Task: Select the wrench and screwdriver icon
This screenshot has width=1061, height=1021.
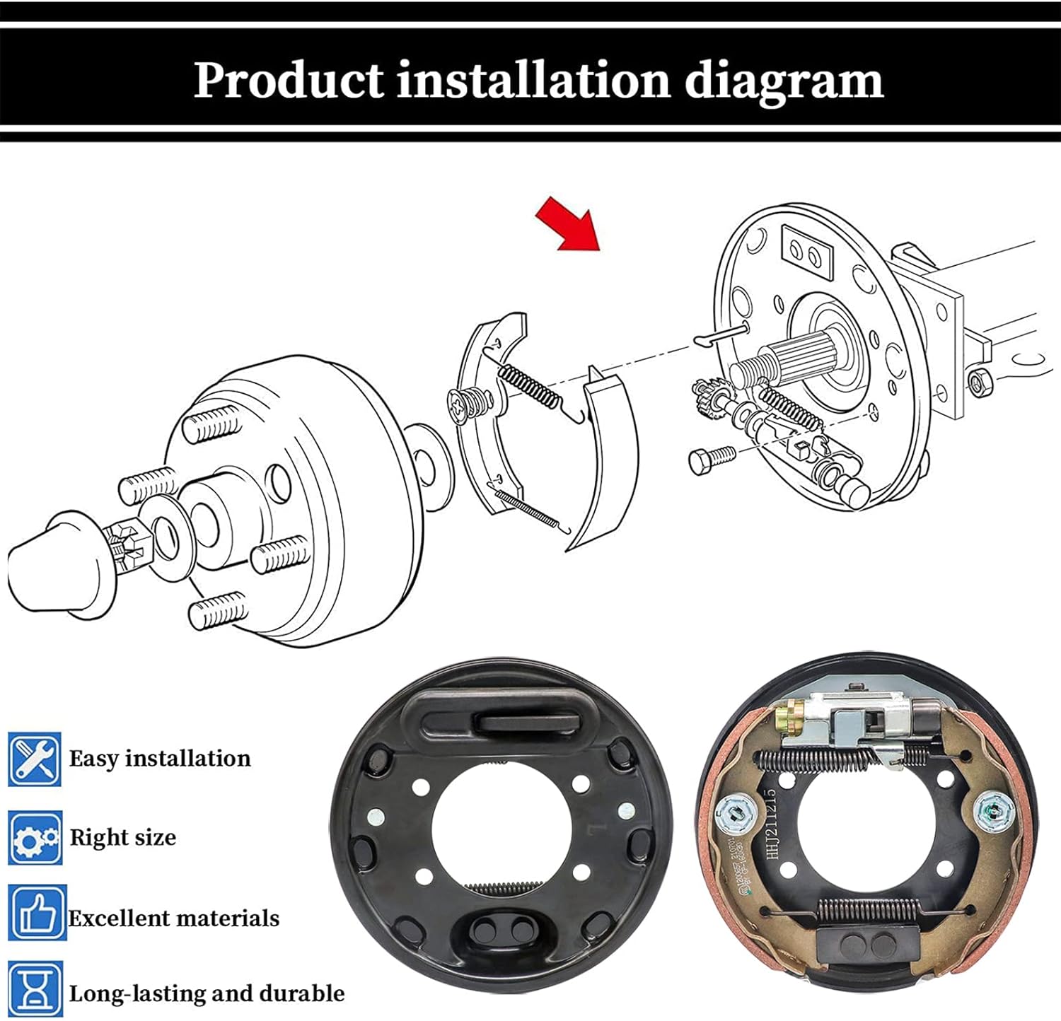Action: pyautogui.click(x=35, y=759)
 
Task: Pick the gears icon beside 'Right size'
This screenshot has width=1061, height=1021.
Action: pyautogui.click(x=35, y=838)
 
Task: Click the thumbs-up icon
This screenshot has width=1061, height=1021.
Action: pyautogui.click(x=37, y=913)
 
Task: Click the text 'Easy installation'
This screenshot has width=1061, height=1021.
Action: pyautogui.click(x=160, y=759)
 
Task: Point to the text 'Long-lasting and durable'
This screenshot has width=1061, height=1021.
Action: pyautogui.click(x=207, y=993)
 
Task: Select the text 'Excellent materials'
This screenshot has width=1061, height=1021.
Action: pyautogui.click(x=174, y=918)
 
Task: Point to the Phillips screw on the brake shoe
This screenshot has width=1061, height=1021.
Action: pyautogui.click(x=467, y=406)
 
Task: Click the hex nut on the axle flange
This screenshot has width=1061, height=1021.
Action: pyautogui.click(x=980, y=383)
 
